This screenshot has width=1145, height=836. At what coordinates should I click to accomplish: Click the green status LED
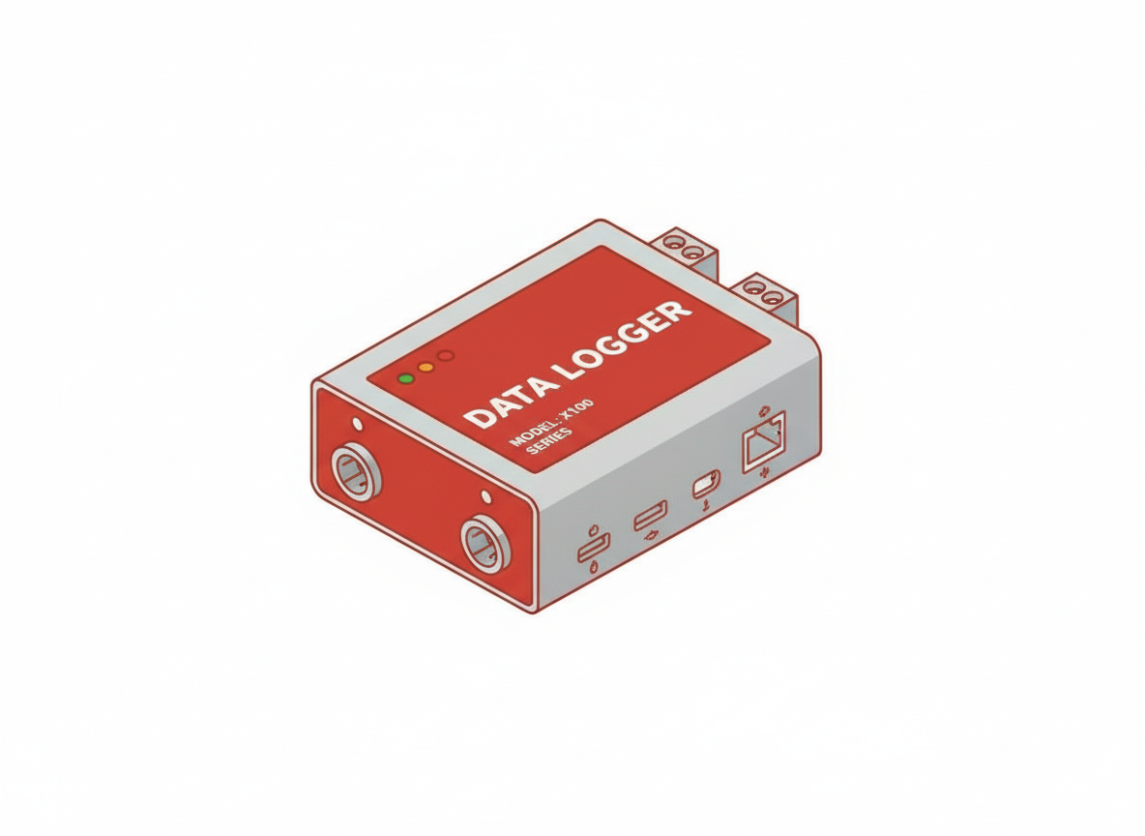(406, 377)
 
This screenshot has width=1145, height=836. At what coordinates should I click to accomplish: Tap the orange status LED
(426, 368)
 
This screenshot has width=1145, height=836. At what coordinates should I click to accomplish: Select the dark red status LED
(445, 356)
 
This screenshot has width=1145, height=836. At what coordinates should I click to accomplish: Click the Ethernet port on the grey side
(763, 441)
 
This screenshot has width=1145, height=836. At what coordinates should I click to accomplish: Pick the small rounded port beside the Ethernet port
(705, 482)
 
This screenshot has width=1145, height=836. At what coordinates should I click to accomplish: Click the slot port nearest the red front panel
(593, 547)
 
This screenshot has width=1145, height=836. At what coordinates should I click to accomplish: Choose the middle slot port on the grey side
(649, 516)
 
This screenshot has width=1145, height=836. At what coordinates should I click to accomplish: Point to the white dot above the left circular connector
(360, 424)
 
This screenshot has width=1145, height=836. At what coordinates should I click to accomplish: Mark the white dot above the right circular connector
(485, 497)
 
